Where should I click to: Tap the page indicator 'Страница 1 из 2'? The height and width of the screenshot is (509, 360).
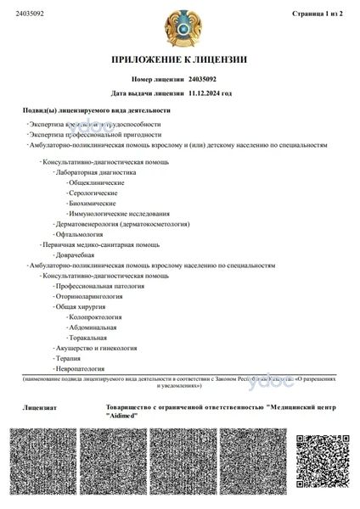317,14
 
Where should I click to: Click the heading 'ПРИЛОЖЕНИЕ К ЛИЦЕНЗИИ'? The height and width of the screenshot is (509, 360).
179,59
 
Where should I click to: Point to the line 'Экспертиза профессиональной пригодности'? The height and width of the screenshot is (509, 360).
96,134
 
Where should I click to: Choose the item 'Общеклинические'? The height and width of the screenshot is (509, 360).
97,182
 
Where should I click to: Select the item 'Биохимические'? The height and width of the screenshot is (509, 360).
93,204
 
